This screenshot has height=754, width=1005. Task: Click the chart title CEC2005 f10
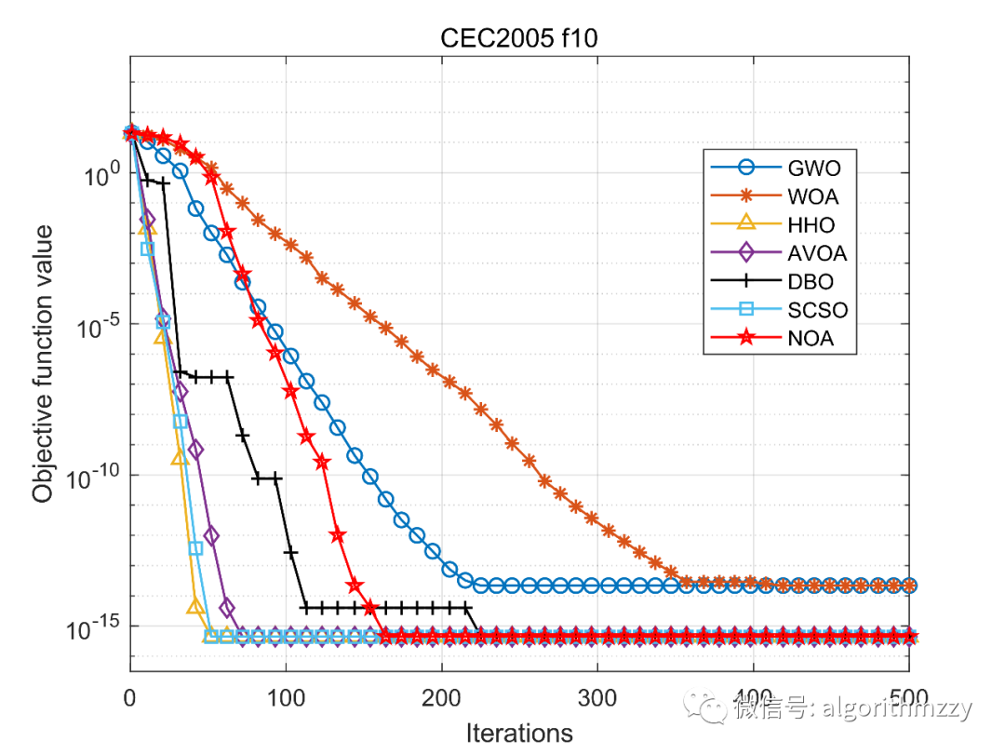coord(519,39)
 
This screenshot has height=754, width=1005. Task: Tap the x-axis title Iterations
coord(519,733)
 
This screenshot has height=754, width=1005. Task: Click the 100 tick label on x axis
coord(286,698)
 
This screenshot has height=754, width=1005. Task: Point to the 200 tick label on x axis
coord(441,698)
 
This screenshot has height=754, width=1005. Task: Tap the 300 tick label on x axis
coord(597,698)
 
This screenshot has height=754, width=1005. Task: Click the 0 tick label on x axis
coord(130,698)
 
